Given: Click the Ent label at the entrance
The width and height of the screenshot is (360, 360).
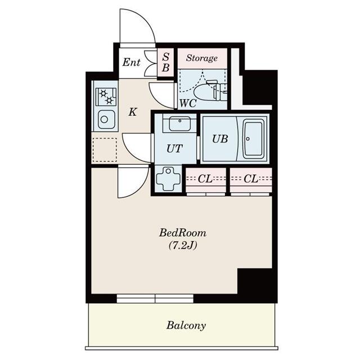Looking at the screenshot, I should [x=131, y=62].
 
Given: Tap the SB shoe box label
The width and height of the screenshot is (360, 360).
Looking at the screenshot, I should [x=166, y=62].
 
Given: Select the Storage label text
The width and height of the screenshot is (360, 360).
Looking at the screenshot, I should [x=202, y=58].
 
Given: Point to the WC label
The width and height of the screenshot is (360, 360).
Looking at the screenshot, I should [x=187, y=103].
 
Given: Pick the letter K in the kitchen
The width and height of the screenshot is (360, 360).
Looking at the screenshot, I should [x=132, y=112].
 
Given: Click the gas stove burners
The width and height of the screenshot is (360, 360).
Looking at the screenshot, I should [x=106, y=97].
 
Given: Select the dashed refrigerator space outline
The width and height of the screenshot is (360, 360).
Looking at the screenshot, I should [x=105, y=150].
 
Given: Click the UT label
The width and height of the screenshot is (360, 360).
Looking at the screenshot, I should [x=174, y=149].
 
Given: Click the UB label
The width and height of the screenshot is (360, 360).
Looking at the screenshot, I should [x=219, y=139].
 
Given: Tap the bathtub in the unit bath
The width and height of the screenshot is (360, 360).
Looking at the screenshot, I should [x=254, y=138].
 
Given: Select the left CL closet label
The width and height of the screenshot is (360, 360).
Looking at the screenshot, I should [x=205, y=179].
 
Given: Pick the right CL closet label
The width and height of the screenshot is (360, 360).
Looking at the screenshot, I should [x=251, y=179].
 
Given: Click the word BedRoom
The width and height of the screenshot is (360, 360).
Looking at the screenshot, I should [x=183, y=232].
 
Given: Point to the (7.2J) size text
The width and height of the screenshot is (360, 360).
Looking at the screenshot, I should [x=182, y=245].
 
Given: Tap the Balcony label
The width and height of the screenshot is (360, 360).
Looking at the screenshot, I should [x=186, y=325].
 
